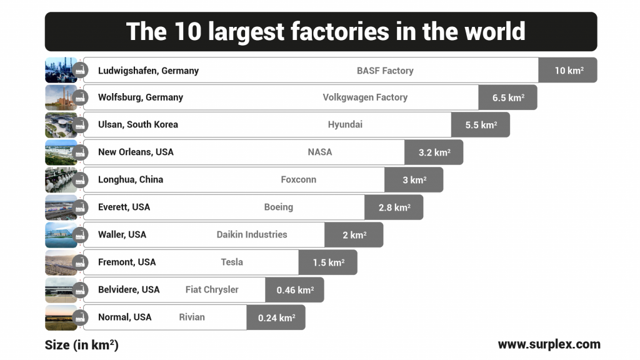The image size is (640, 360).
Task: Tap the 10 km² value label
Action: click(568, 71)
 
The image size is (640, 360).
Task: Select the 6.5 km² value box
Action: click(507, 98)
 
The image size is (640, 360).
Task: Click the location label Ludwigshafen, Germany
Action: click(148, 71)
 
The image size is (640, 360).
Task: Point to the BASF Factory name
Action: click(385, 71)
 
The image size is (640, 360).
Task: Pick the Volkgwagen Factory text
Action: click(365, 97)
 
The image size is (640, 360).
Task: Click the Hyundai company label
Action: click(345, 124)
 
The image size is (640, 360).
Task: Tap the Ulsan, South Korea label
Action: click(138, 124)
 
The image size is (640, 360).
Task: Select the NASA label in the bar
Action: click(320, 152)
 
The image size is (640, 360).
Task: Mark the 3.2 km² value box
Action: click(434, 152)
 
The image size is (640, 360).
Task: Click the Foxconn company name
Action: click(299, 179)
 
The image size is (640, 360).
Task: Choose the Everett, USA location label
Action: click(124, 207)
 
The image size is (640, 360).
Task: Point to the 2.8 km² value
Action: click(394, 207)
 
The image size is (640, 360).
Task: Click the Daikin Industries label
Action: click(252, 234)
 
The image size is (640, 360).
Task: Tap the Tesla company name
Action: click(232, 262)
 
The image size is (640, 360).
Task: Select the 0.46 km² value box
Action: click(294, 290)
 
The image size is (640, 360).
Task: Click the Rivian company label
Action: click(192, 317)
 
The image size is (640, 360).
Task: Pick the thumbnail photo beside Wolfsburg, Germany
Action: click(61, 97)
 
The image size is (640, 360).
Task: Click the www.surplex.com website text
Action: click(549, 344)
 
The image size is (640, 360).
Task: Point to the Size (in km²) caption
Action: click(81, 345)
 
